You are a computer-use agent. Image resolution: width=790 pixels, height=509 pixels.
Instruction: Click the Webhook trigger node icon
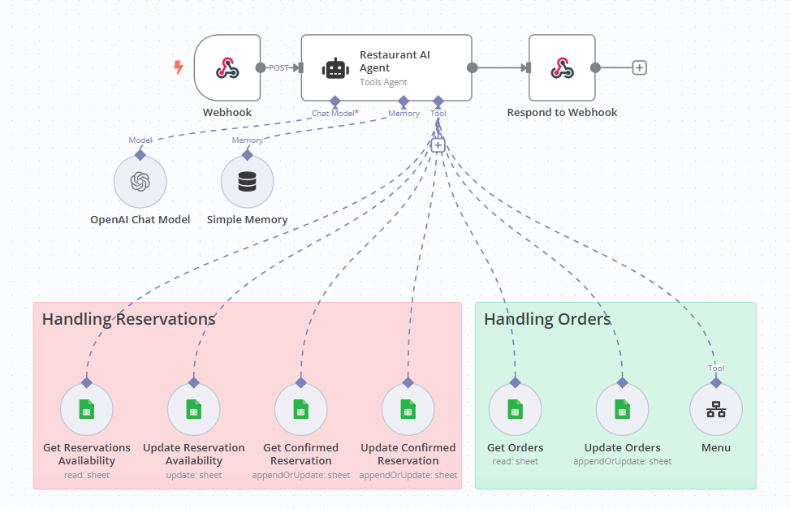pos(227,68)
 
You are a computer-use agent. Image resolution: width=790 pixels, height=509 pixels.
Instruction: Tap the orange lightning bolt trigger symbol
pos(179,68)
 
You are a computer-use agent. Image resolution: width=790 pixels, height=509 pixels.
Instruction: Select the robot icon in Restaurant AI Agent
pos(335,69)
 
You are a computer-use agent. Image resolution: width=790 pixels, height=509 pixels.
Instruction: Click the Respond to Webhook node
pos(561,68)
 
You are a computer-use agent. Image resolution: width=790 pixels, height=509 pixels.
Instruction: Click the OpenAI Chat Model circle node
pos(140,182)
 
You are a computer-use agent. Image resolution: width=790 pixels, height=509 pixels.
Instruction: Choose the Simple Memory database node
pos(247,182)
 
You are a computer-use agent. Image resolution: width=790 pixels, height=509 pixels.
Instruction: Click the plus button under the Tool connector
pos(438,145)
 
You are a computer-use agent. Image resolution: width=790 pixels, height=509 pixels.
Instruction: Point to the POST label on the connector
pos(279,68)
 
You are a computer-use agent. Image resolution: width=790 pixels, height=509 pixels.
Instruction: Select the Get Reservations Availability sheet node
pos(86,409)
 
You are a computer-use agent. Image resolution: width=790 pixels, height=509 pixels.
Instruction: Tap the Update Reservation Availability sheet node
pos(193,409)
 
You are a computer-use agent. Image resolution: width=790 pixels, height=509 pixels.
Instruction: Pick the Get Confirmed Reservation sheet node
pos(300,409)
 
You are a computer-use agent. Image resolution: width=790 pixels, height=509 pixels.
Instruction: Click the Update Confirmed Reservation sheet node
pos(408,409)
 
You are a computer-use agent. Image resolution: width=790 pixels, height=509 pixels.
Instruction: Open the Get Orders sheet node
pos(515,409)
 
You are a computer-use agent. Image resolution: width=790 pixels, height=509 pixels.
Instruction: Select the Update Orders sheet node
pos(622,409)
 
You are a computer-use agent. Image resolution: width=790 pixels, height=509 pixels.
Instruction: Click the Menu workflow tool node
pos(715,409)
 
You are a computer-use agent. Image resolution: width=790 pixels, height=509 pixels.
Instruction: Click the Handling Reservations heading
pos(129,319)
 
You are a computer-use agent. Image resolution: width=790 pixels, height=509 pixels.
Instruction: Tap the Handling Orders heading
pos(547,319)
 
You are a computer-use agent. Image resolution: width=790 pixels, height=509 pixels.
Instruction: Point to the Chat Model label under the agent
pos(333,114)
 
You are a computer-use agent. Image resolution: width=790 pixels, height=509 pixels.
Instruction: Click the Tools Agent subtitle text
pos(383,82)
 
